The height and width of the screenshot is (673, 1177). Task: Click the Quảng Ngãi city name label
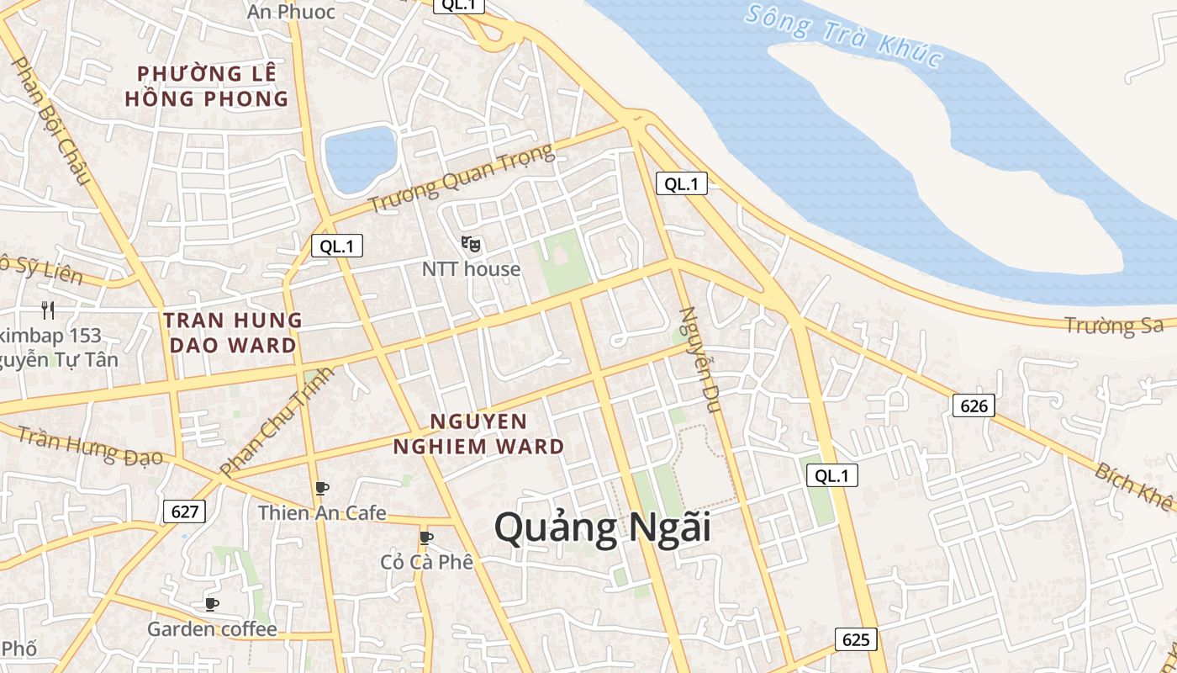[602, 528]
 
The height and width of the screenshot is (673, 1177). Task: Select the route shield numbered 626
[974, 405]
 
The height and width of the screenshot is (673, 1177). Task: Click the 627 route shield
[184, 511]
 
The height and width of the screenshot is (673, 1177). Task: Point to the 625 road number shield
[856, 639]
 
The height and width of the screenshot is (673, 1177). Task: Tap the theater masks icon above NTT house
[471, 244]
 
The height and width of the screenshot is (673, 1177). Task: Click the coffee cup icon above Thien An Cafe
[321, 488]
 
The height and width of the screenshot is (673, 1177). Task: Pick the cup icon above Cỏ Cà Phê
[426, 537]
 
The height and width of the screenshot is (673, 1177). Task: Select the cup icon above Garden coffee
[212, 603]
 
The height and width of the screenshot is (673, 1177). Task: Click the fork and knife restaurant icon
[48, 310]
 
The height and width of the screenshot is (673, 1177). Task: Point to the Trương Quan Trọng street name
[462, 179]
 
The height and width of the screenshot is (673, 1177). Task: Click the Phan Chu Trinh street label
[277, 421]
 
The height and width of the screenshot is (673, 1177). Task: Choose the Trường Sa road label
[1113, 325]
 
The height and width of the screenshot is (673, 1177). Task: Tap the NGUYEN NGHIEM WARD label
[478, 433]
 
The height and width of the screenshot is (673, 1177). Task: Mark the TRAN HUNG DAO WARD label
[233, 332]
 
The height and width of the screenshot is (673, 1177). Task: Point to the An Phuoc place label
[291, 12]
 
